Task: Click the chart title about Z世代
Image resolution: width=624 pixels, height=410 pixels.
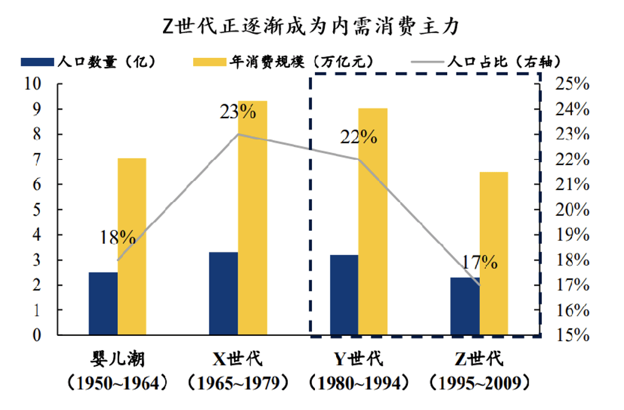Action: coord(311,27)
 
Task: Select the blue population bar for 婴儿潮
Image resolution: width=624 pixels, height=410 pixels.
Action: coord(103,303)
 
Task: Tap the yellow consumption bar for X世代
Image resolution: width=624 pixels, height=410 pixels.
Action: coord(253,218)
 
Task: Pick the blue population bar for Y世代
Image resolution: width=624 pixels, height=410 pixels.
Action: coord(344,295)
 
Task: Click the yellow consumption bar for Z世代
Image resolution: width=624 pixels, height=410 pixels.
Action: coord(494,253)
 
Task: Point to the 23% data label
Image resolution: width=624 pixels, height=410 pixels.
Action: coord(238,112)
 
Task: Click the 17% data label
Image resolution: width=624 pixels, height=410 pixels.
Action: coord(480,262)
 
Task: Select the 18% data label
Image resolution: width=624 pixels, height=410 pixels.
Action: coord(118,238)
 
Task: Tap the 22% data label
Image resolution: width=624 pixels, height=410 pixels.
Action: coord(358,137)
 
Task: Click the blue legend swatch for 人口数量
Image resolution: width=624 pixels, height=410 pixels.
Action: coord(37,62)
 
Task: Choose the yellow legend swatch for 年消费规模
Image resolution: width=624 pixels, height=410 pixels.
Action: coord(210,62)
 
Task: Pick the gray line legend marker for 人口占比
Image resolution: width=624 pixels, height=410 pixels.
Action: coord(427,62)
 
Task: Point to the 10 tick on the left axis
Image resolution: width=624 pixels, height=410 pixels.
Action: coord(33,84)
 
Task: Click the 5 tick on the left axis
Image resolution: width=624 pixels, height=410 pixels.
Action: coord(37,210)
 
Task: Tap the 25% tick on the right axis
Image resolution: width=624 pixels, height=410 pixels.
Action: coord(572,84)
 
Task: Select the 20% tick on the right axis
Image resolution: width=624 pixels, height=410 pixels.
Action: coord(572,210)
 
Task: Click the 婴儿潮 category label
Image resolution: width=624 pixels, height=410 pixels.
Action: coord(118,359)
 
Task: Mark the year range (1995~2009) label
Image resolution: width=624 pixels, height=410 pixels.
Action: coord(480,383)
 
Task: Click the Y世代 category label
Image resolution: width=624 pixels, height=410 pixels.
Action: coord(358,359)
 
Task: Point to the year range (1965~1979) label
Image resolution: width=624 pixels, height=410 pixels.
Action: coord(238,383)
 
